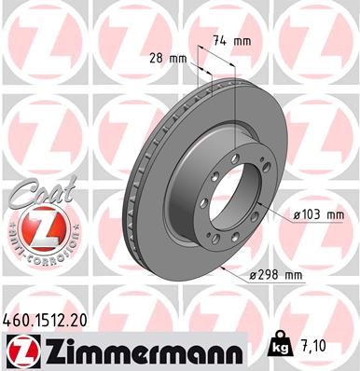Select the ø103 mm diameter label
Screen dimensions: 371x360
tap(318, 214)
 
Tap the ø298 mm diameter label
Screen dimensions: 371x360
tap(276, 275)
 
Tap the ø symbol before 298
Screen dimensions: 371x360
tap(253, 275)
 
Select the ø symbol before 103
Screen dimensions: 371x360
tap(297, 214)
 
